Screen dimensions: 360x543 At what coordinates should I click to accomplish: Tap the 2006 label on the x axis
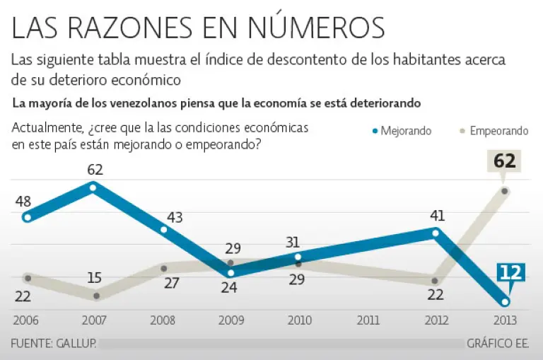point(25,320)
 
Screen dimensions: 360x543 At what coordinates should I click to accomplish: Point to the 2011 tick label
point(368,320)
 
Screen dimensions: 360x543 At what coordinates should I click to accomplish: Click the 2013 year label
point(506,320)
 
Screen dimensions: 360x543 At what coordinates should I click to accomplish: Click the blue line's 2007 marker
point(94,187)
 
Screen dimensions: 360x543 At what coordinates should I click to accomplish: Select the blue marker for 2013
point(505,302)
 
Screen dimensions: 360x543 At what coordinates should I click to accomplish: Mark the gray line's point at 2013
point(505,191)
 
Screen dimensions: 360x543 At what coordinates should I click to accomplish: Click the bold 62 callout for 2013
point(504,161)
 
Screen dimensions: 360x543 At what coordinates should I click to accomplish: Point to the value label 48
point(23,202)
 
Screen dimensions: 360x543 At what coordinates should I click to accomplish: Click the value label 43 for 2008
point(174,218)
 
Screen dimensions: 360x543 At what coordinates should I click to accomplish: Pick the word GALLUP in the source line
point(75,344)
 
